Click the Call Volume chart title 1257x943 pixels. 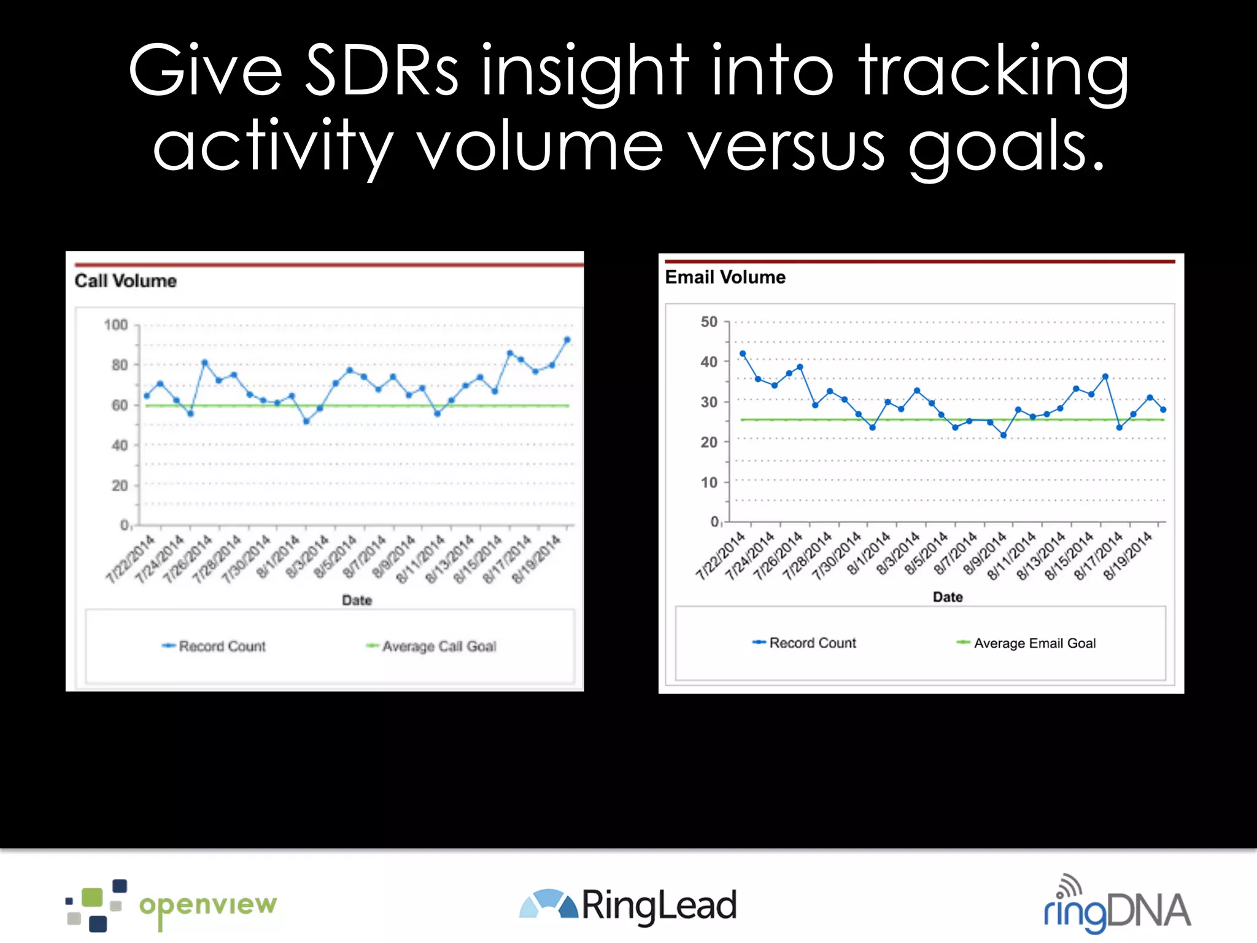(126, 281)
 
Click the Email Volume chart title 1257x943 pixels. (725, 277)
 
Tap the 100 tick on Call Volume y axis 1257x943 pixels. (116, 325)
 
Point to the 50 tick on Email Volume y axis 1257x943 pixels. (709, 322)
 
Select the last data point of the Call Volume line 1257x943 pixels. (567, 340)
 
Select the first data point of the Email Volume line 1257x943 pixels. (743, 354)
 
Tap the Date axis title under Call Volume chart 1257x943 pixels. (357, 600)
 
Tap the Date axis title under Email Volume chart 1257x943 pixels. (948, 597)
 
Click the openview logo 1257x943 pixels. (172, 906)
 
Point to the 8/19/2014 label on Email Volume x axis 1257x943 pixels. (1128, 556)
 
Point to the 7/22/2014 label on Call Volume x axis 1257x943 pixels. (130, 559)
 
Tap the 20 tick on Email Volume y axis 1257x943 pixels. (709, 442)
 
